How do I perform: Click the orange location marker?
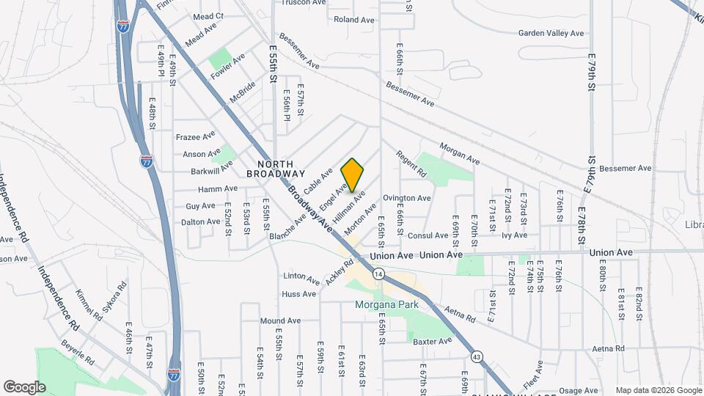tap(352, 175)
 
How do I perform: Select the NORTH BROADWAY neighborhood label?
tap(276, 169)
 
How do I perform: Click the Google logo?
tap(24, 387)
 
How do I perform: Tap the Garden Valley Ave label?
tap(551, 33)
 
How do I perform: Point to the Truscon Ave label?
tap(304, 2)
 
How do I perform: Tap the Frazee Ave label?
tap(195, 136)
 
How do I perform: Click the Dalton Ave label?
tap(200, 221)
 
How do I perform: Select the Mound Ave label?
tap(280, 320)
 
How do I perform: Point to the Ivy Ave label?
tap(514, 235)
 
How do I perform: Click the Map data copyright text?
tap(658, 390)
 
